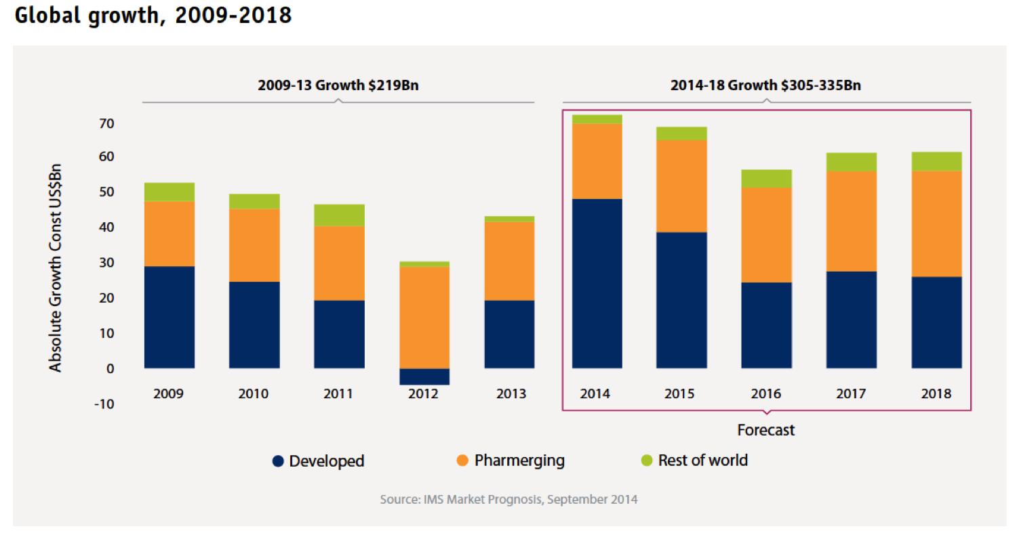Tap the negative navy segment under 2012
pos(424,377)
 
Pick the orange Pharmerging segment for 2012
pos(424,317)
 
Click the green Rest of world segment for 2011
pos(339,215)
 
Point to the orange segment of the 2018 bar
pos(936,223)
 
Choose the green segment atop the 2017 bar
pos(851,162)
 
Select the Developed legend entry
pos(319,461)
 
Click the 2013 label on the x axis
pos(509,393)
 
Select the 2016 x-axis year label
pos(766,393)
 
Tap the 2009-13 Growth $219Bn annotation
pos(338,86)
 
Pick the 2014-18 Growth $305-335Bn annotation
pos(766,86)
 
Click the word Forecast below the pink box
pos(766,430)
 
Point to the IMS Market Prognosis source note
pos(509,500)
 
